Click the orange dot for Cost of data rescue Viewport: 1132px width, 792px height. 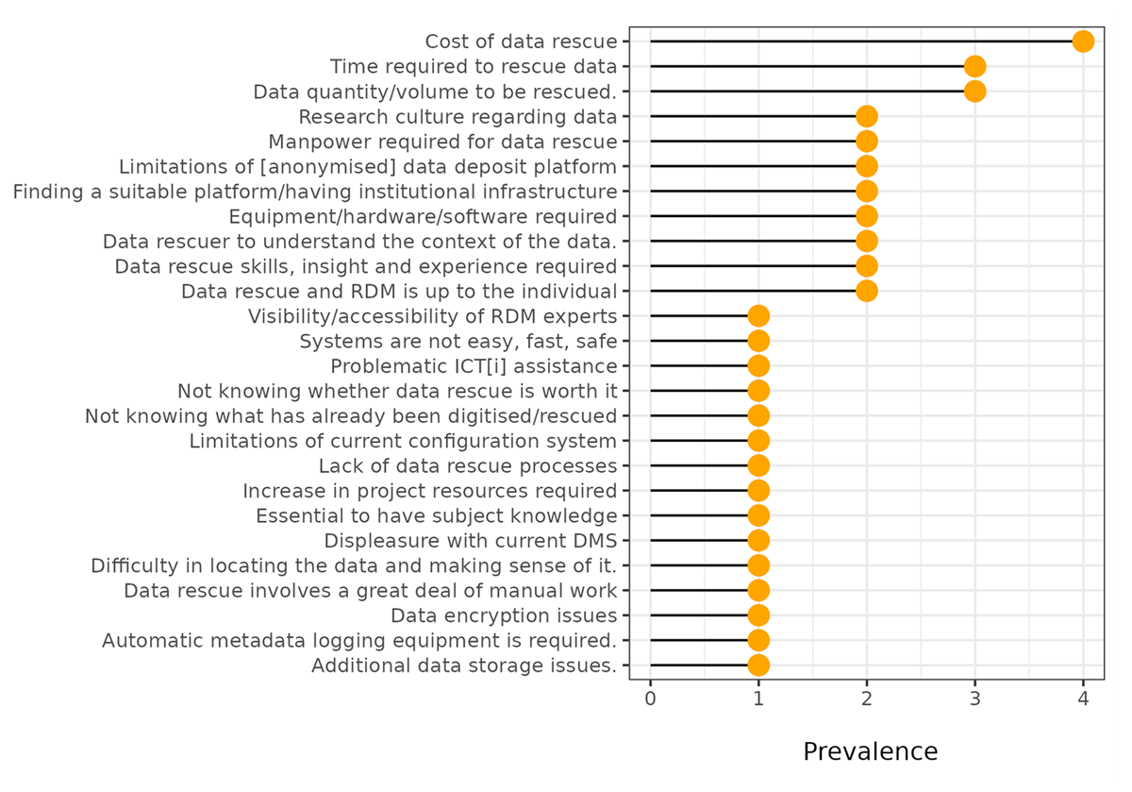tap(1083, 41)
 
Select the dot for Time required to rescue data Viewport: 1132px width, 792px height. tap(974, 66)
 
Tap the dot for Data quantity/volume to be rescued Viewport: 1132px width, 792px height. tap(974, 92)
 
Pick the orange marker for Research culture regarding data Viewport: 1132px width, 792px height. tap(867, 116)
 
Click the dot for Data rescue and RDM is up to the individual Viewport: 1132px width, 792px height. tap(867, 291)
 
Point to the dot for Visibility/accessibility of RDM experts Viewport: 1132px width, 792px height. tap(758, 316)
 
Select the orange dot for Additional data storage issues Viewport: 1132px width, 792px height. tap(758, 666)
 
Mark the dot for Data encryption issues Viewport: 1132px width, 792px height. tap(758, 615)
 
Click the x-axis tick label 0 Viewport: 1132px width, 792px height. tap(650, 699)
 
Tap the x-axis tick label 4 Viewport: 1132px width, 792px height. tap(1083, 699)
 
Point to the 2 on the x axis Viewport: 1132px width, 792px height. tap(867, 699)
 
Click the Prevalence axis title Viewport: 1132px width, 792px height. tap(870, 751)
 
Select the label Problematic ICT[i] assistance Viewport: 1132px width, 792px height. tap(474, 366)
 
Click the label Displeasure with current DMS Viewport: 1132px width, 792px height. tap(471, 541)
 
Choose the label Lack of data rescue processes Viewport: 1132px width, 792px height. tap(468, 465)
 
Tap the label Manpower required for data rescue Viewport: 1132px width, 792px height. tap(442, 142)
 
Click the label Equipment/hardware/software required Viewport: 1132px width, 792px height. tap(423, 216)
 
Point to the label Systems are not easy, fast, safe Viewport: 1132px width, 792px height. tap(458, 342)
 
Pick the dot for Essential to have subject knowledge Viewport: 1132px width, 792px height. tap(758, 515)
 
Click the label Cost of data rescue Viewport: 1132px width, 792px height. tap(521, 42)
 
